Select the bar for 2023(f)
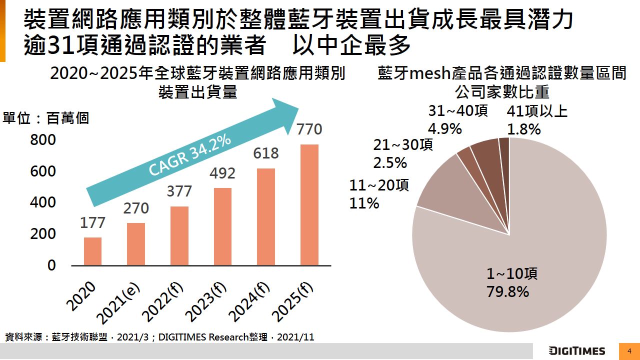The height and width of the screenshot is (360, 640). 222,226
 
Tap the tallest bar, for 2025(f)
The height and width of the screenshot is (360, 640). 309,204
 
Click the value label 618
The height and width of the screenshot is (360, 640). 266,153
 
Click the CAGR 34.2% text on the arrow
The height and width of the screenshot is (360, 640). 190,154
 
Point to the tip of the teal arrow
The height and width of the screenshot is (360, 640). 299,107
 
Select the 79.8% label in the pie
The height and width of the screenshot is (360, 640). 507,291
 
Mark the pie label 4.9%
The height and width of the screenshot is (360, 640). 444,129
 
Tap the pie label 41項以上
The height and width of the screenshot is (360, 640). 537,111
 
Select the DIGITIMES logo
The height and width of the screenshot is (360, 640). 576,351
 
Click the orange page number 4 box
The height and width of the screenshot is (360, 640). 629,351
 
